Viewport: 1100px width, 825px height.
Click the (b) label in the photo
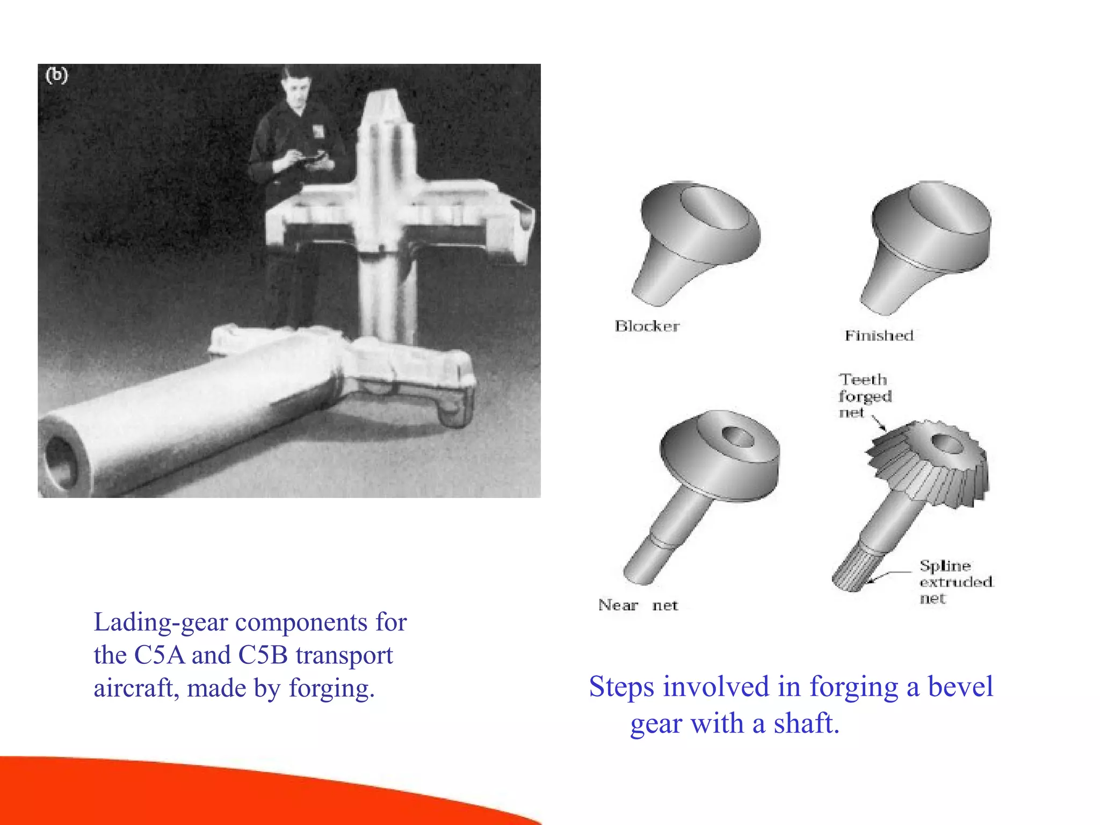point(57,75)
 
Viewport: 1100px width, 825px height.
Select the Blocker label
point(647,326)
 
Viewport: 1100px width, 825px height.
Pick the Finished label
point(879,336)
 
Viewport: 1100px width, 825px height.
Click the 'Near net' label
point(638,605)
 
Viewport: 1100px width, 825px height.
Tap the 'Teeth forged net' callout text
point(864,396)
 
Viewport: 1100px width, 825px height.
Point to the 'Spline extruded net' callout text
point(956,582)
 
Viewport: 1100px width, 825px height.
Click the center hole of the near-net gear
point(738,437)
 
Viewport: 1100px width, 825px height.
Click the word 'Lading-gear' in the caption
point(161,623)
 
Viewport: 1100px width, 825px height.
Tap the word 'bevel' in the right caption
point(960,687)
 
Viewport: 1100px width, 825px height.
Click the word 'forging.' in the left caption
point(332,689)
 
